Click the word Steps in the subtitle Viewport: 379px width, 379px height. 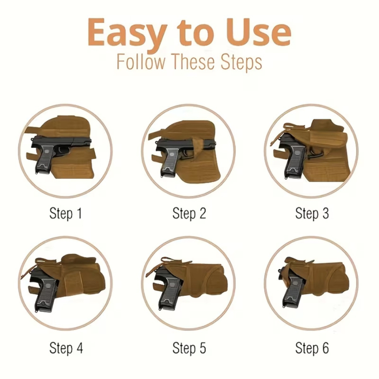(239, 62)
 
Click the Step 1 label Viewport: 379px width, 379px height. (66, 213)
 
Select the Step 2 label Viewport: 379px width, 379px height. (189, 213)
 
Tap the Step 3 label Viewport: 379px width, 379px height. (312, 213)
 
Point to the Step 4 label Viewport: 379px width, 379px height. (66, 347)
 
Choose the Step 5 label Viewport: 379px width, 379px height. (189, 347)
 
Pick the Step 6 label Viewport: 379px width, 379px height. (312, 347)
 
